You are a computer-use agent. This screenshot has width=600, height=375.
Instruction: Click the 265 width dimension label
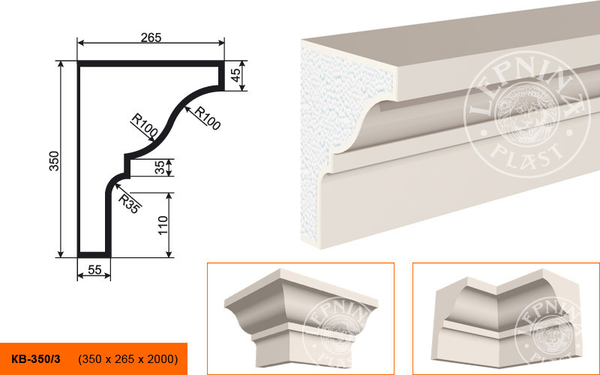point(151,37)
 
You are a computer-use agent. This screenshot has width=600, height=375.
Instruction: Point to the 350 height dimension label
point(54,160)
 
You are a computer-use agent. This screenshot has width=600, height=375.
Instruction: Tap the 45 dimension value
point(236,75)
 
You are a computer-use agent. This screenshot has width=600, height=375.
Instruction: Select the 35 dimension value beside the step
point(160,167)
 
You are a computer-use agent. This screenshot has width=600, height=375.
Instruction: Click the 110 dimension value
point(163,226)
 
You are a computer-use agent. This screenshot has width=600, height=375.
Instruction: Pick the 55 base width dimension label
point(94,270)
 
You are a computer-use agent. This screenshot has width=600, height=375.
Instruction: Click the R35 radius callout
point(129,203)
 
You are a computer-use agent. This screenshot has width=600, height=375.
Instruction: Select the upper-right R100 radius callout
point(208,118)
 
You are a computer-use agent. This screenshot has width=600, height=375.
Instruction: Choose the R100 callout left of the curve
point(144,124)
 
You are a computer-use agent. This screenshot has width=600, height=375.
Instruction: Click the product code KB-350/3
point(35,359)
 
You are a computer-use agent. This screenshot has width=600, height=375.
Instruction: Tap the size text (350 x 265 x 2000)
point(127,359)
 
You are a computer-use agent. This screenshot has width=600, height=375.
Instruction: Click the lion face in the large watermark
point(526,114)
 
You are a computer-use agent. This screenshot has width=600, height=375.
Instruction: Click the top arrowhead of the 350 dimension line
point(60,64)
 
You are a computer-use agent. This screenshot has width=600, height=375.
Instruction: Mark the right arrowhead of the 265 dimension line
point(220,43)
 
